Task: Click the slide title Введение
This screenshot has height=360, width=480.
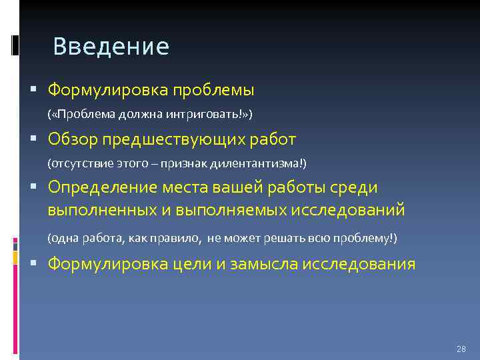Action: coord(111,47)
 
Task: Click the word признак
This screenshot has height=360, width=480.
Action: coord(191,163)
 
